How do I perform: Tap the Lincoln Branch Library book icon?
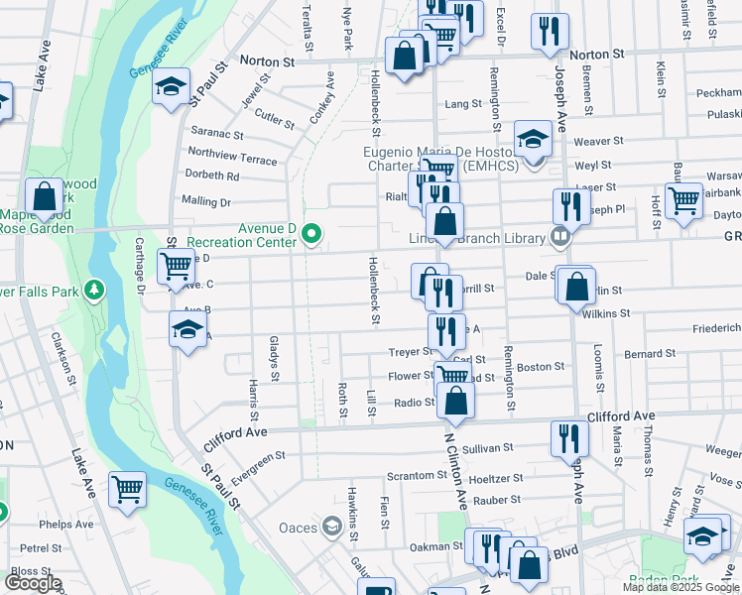coord(560,237)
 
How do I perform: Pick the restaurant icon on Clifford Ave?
coord(568,437)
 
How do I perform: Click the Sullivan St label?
coord(487,448)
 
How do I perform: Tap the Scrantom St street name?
coord(418,475)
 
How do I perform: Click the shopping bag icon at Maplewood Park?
coord(44,197)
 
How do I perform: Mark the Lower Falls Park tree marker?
coord(93,291)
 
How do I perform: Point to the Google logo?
coord(33,583)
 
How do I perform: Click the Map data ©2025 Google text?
coord(680,587)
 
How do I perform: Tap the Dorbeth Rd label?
coord(212,177)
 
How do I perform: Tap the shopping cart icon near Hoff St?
coord(684,200)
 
